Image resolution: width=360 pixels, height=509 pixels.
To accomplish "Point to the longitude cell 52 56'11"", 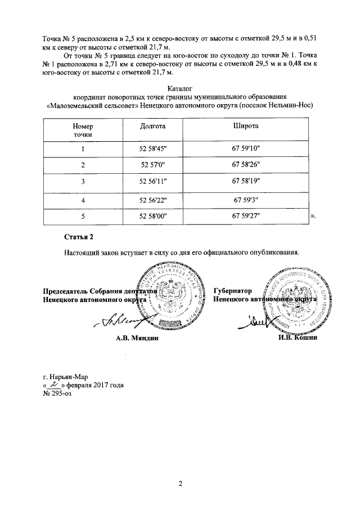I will [x=152, y=182].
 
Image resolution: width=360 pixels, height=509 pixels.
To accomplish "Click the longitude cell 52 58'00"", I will [x=152, y=216].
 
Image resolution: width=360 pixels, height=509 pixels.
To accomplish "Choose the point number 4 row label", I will [x=83, y=200].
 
